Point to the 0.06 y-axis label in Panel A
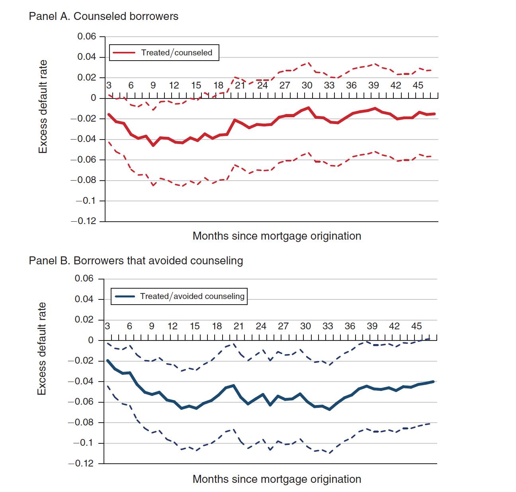(x=87, y=37)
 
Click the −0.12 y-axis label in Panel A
(x=84, y=221)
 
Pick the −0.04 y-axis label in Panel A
(x=84, y=139)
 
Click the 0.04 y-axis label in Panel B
(x=84, y=299)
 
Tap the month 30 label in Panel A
(x=307, y=85)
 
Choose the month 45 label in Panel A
(x=418, y=85)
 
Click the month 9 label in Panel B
(x=152, y=326)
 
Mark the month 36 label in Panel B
(x=350, y=326)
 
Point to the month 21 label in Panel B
(x=238, y=326)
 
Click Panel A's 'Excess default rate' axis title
(x=43, y=107)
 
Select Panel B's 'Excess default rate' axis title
(x=42, y=349)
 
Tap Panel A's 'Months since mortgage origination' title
(x=277, y=236)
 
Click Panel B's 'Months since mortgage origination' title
(x=277, y=479)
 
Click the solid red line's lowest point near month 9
(x=153, y=146)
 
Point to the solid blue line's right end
(x=433, y=382)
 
